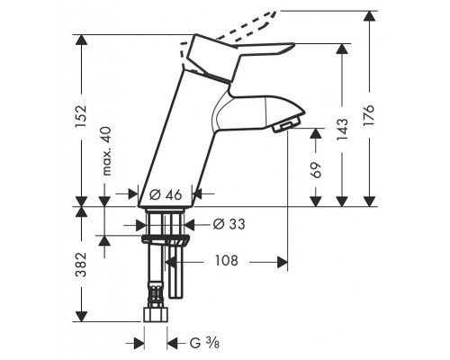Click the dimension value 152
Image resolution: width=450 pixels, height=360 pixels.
(x=81, y=116)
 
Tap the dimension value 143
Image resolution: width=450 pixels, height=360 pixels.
(x=342, y=130)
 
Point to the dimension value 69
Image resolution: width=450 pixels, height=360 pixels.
(x=316, y=170)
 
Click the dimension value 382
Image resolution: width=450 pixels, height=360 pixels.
(x=81, y=265)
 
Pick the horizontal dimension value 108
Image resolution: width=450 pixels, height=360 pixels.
(x=227, y=261)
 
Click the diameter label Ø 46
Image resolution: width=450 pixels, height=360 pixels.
(x=166, y=195)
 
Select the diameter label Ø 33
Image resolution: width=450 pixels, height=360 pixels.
(x=229, y=224)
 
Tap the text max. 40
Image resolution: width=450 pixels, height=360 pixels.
(x=106, y=151)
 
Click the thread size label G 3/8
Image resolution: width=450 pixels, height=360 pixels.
(x=204, y=343)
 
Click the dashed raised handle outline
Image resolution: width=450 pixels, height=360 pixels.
(x=246, y=30)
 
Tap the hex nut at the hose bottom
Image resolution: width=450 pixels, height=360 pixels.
(x=156, y=314)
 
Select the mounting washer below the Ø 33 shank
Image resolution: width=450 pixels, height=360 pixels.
(x=166, y=239)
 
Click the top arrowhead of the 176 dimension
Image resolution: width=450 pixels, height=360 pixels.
(x=369, y=16)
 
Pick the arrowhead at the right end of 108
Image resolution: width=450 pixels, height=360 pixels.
(x=282, y=262)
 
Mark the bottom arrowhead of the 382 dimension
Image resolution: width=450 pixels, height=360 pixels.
(x=81, y=317)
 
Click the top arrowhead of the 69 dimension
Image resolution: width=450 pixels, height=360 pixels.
(x=316, y=133)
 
